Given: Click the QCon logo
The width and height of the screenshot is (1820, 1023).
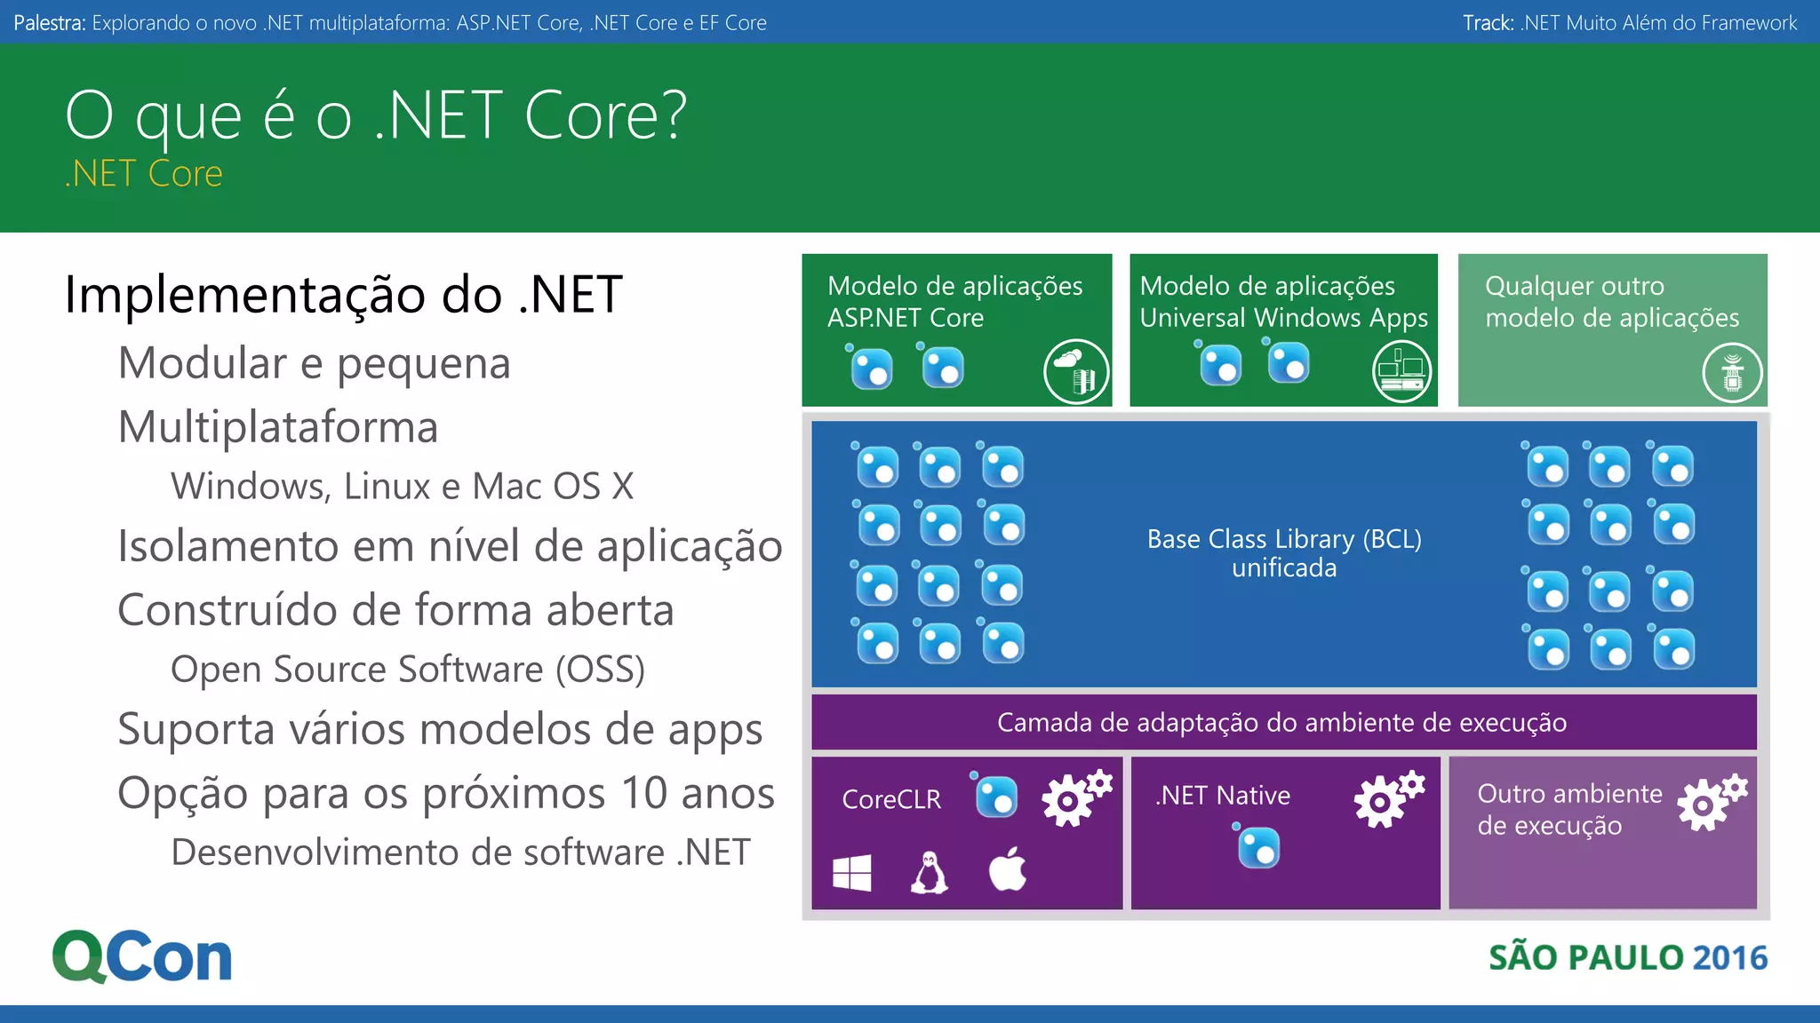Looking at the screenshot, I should coord(142,956).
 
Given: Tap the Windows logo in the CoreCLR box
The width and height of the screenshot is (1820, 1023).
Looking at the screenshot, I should coord(851,873).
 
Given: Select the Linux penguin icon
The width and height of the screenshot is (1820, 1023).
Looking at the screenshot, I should coord(930,872).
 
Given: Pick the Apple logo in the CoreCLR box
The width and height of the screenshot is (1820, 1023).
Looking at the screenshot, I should coord(1008,869).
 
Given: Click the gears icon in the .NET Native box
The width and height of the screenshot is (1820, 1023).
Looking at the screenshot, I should coord(1388,798).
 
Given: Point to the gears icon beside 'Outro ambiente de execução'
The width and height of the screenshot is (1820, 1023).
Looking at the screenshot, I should coord(1711,802).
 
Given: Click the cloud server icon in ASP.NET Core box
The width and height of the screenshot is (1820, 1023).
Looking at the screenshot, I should coord(1076,372).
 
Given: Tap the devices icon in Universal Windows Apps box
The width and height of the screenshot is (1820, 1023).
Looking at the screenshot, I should coord(1402,371).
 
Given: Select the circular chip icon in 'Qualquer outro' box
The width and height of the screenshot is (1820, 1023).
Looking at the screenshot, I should coord(1732,373).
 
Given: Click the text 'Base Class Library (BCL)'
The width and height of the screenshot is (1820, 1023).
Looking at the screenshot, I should coord(1284,539).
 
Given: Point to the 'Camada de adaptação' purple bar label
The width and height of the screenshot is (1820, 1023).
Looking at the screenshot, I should coord(1281,723).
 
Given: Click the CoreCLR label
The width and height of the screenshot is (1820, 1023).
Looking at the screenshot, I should coord(891,799).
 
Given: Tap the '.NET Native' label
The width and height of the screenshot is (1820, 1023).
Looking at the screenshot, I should coord(1223,796).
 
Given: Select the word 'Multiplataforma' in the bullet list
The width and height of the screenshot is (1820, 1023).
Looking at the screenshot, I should coord(278,427).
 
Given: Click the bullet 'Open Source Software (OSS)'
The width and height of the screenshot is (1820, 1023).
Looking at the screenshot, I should coord(408,670).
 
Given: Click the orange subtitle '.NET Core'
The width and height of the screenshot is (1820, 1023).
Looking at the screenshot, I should coord(144,174).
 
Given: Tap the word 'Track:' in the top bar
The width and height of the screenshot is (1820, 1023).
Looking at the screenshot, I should coord(1488,23).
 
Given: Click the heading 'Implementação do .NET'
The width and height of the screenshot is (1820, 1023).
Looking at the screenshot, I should coord(343,295).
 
